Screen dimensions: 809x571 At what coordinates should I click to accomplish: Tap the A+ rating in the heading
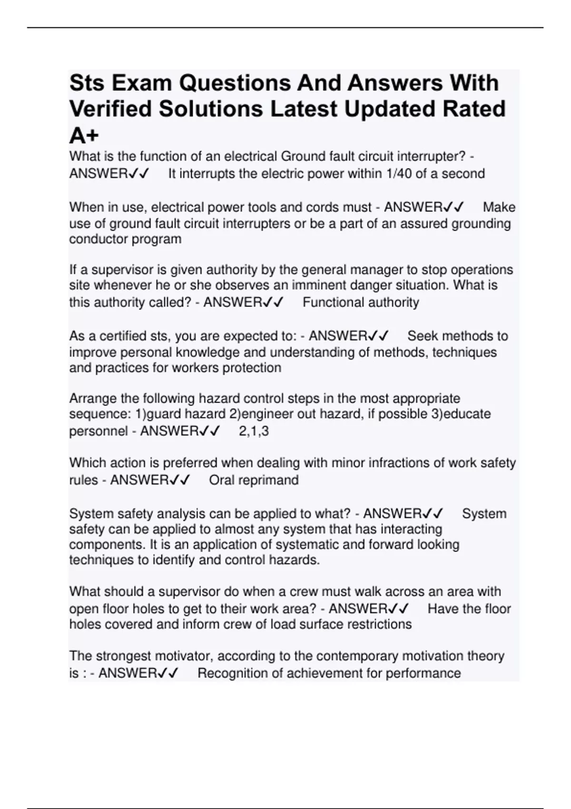84,136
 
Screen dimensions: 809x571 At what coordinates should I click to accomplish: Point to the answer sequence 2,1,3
254,431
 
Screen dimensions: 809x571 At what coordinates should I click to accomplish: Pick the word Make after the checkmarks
499,207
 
